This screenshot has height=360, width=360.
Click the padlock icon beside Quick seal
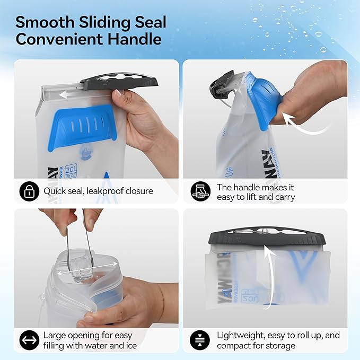point(29,191)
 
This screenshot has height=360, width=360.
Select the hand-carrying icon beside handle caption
point(201,191)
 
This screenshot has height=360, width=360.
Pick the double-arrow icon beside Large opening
point(29,340)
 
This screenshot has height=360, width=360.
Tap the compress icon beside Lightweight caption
point(201,340)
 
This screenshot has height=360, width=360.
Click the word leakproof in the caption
point(105,191)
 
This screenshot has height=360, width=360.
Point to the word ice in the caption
point(130,346)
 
